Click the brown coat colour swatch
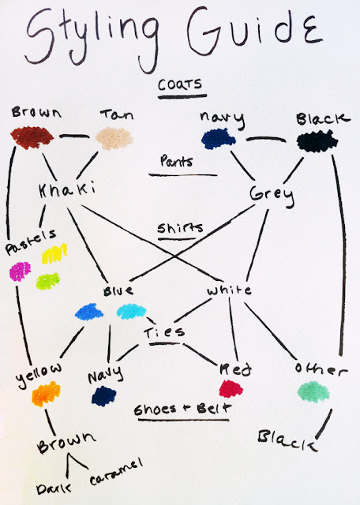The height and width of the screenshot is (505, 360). tap(32, 137)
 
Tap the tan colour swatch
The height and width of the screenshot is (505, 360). tap(114, 138)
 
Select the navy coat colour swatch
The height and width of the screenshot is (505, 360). tap(218, 139)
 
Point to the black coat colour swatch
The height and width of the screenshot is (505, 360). tap(317, 141)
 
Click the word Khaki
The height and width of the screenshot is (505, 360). tap(67, 189)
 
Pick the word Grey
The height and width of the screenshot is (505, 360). tap(272, 194)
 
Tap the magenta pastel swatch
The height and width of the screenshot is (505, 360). tap(20, 271)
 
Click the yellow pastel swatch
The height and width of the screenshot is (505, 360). tap(54, 254)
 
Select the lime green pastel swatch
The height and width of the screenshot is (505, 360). tap(47, 281)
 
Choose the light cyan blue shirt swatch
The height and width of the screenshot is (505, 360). tap(131, 312)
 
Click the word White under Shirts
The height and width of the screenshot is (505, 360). tap(229, 290)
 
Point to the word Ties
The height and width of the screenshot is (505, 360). tap(164, 332)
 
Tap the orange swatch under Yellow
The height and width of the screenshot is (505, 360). tap(46, 394)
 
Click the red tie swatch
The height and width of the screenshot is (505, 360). tap(231, 389)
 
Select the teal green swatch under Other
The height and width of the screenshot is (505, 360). tap(313, 391)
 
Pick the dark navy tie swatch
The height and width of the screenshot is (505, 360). tap(103, 396)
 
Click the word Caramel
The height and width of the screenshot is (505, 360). tap(116, 472)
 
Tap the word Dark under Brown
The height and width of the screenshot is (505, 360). tap(54, 489)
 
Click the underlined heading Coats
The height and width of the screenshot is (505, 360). tap(180, 84)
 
